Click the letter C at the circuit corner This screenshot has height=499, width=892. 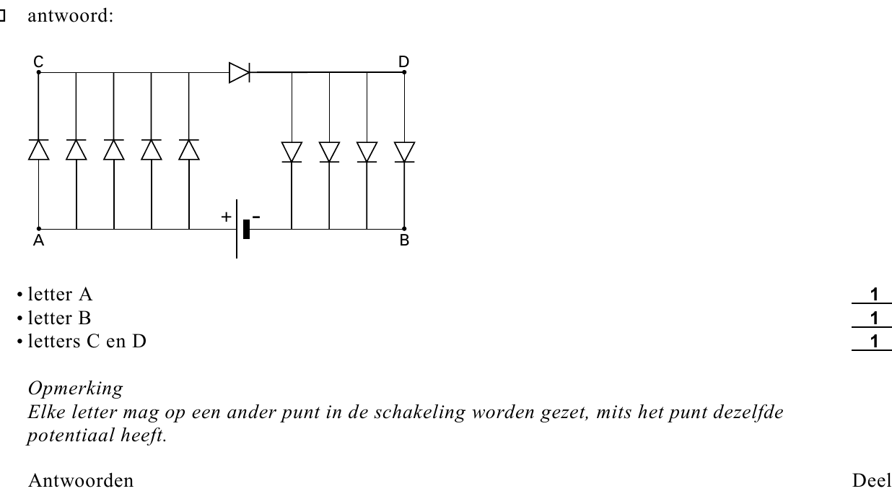point(38,62)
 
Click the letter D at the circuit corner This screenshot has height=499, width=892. point(404,62)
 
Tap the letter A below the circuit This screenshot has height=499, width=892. point(39,240)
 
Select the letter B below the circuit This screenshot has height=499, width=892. point(404,240)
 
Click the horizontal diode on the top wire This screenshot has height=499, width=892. point(240,72)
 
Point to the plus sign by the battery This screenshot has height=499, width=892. point(226,217)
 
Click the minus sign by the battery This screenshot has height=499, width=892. point(256,217)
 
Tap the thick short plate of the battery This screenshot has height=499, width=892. point(247,229)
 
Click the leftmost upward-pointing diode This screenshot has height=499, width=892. point(39,150)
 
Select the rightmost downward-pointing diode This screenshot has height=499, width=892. point(404,152)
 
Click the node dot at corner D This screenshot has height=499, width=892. point(404,72)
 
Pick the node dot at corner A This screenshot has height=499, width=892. point(39,229)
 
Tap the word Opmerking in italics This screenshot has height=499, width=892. point(75,389)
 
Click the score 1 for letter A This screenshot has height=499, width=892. point(874,295)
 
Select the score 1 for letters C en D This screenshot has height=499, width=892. point(874,342)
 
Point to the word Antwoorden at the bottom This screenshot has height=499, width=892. point(81,481)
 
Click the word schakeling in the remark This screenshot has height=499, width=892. point(419,412)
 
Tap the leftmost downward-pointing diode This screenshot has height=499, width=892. point(292,152)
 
